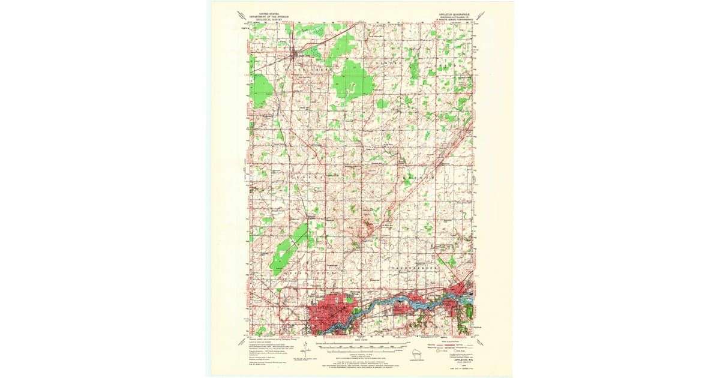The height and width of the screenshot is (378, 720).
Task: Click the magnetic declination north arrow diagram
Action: (305, 349)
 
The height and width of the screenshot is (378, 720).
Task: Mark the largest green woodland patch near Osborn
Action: (354, 82)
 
